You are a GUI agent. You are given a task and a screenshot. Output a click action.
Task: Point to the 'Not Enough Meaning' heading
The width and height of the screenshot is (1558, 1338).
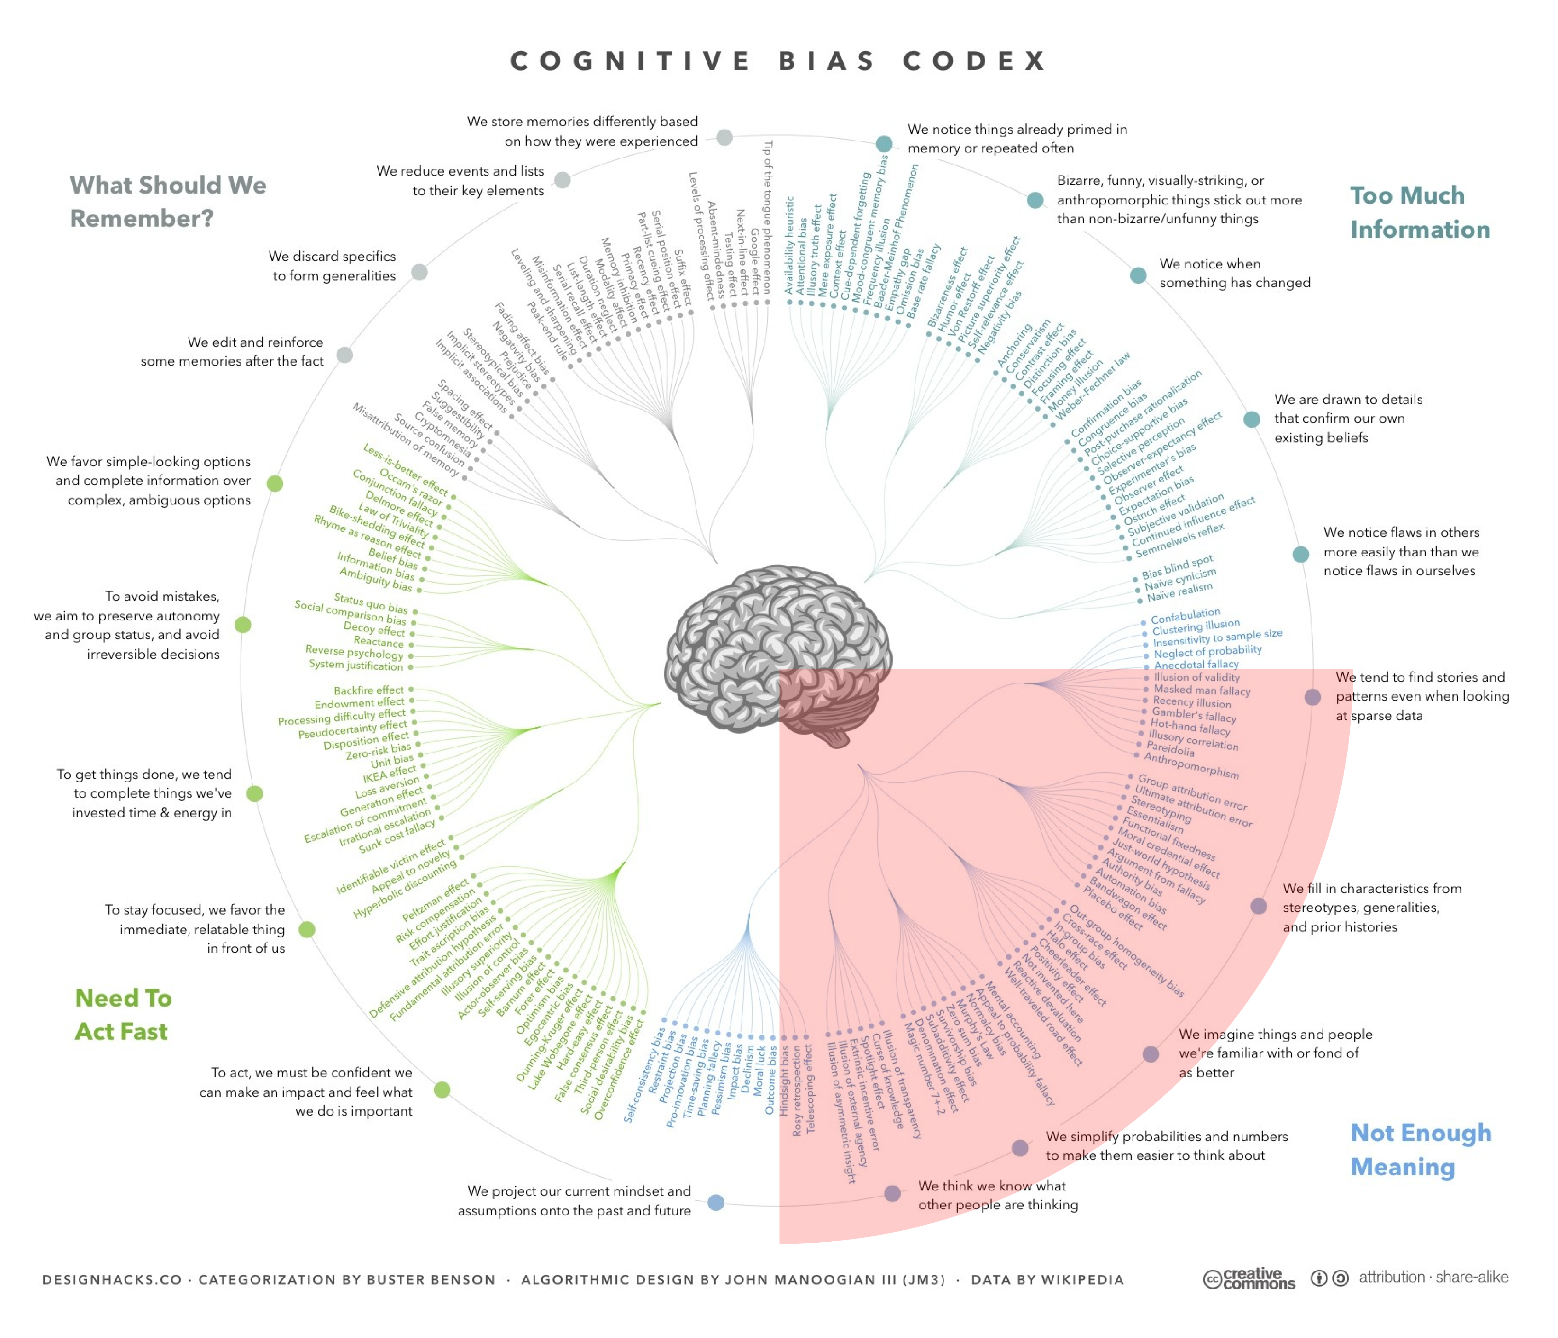pos(1420,1149)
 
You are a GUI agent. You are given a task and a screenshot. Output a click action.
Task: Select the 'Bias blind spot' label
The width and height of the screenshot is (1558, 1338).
pos(1177,566)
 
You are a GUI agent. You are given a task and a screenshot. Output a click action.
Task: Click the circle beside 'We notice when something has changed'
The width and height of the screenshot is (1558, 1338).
pos(1139,275)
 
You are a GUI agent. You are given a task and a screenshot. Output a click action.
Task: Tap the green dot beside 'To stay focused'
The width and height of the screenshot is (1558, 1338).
pos(307,930)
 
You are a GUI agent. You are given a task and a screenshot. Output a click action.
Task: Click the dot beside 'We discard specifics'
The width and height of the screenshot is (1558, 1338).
pos(419,272)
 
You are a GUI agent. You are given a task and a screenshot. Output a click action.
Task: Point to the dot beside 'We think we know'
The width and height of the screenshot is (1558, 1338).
pos(892,1194)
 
